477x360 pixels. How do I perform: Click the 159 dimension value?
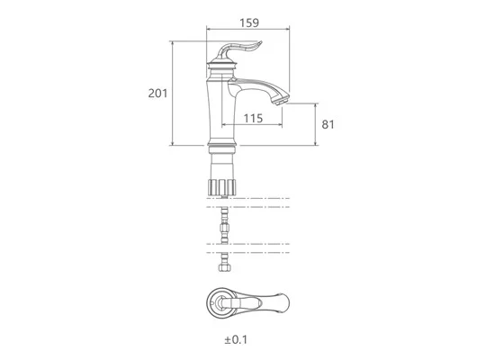pyautogui.click(x=249, y=22)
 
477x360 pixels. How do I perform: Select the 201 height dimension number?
pyautogui.click(x=157, y=93)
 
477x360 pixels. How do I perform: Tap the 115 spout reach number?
pyautogui.click(x=253, y=118)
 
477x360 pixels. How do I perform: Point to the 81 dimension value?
pyautogui.click(x=328, y=124)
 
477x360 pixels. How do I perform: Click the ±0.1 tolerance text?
pyautogui.click(x=236, y=339)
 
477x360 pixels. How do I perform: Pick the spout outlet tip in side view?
pyautogui.click(x=281, y=102)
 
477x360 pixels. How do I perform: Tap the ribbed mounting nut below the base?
pyautogui.click(x=221, y=187)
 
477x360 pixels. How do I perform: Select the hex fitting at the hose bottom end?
pyautogui.click(x=224, y=268)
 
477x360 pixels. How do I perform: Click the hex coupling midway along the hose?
pyautogui.click(x=224, y=228)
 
